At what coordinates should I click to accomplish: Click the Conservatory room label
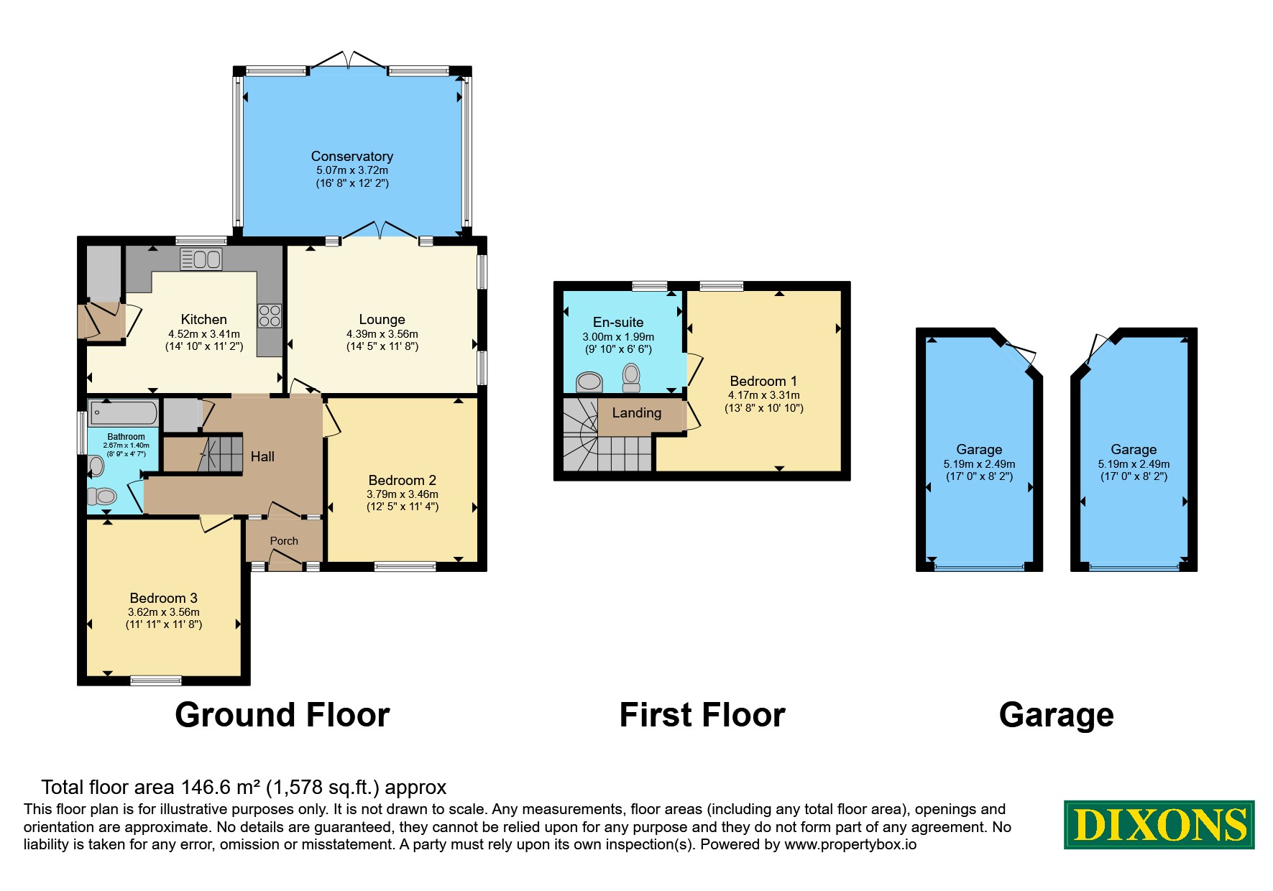click(351, 157)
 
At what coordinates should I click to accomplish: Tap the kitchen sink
click(201, 259)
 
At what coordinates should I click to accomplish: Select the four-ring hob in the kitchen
click(270, 316)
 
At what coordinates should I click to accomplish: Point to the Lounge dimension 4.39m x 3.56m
click(382, 334)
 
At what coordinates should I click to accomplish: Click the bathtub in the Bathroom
click(123, 413)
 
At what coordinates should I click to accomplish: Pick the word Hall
click(262, 457)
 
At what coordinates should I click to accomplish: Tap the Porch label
click(284, 541)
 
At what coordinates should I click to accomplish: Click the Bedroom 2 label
click(402, 480)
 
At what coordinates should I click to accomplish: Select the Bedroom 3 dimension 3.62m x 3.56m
click(164, 612)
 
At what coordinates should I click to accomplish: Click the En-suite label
click(618, 323)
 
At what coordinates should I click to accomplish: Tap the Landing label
click(637, 413)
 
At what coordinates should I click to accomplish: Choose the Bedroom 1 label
click(763, 382)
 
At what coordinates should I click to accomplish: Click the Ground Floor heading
click(282, 716)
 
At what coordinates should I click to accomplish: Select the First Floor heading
click(702, 716)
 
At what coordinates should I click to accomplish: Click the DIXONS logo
click(1159, 825)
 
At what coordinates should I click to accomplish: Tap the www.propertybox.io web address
click(850, 845)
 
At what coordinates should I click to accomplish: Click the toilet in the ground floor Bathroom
click(102, 496)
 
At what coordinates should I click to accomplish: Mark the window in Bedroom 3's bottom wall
click(156, 680)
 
